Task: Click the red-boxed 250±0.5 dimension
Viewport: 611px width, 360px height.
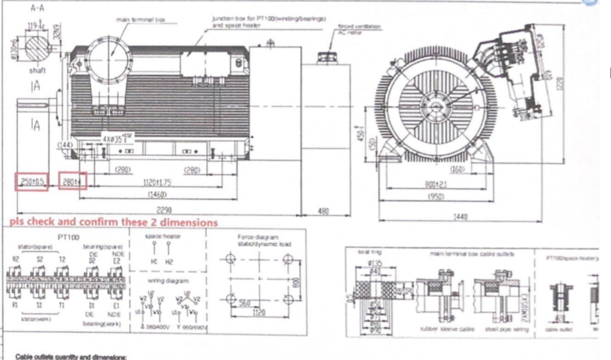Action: point(31,181)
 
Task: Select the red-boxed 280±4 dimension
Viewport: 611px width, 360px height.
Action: point(72,181)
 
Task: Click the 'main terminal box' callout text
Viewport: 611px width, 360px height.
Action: point(150,20)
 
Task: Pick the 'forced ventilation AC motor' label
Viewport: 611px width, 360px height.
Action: point(359,29)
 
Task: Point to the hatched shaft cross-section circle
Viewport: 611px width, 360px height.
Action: point(37,50)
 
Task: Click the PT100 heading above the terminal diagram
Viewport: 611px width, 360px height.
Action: point(70,237)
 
